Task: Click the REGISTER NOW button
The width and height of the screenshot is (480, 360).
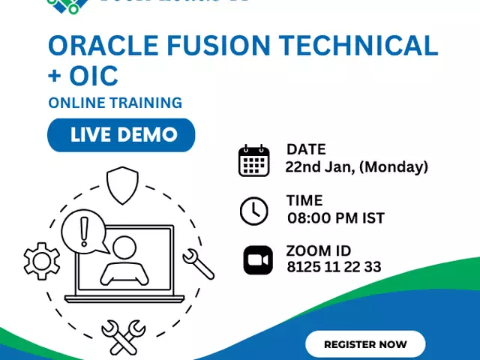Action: point(365,344)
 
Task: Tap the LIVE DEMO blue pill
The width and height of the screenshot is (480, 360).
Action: point(121,135)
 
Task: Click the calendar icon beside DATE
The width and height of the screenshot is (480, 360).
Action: point(253,161)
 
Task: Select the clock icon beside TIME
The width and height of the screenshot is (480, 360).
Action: point(253,211)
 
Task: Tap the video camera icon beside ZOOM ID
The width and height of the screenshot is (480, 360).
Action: point(258,260)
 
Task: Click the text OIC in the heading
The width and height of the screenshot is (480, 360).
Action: point(96,76)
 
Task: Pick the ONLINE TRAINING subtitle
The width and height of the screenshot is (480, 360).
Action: point(115,103)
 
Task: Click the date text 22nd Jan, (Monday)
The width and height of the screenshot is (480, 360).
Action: point(356,166)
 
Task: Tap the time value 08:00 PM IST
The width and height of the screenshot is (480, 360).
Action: point(336,218)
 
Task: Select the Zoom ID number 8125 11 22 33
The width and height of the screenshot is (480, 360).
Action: point(334,266)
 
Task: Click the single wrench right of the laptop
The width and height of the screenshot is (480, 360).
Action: point(198,263)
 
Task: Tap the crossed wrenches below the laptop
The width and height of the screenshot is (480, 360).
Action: point(122,336)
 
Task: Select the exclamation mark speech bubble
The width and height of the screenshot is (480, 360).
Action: point(83,229)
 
